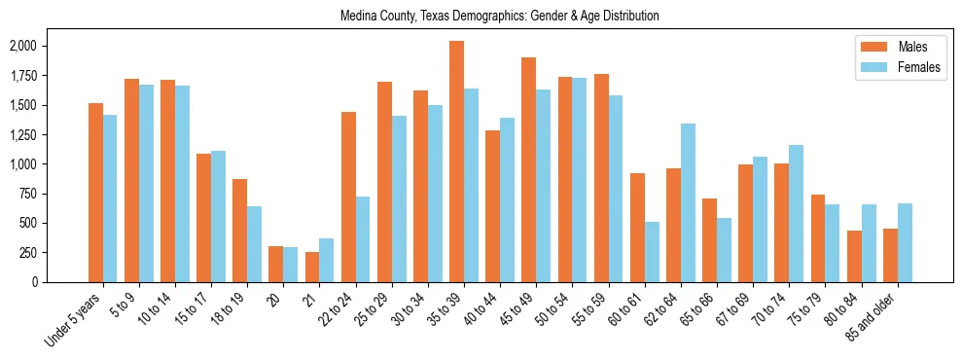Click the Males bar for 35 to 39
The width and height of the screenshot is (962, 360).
(456, 162)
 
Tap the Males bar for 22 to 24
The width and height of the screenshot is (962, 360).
(348, 197)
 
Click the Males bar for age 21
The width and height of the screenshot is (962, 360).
(312, 267)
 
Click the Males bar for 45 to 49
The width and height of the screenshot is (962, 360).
(528, 169)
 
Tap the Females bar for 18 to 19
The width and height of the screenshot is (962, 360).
(254, 244)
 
